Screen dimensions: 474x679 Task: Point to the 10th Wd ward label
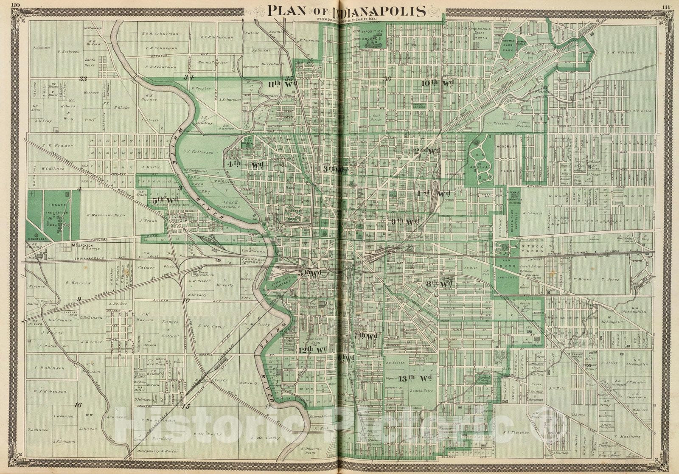(438, 83)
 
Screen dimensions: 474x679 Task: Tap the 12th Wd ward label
(312, 350)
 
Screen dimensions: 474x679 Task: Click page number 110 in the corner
(16, 5)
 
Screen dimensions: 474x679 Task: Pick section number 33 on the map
(83, 79)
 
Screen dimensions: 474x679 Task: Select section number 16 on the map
(78, 404)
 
